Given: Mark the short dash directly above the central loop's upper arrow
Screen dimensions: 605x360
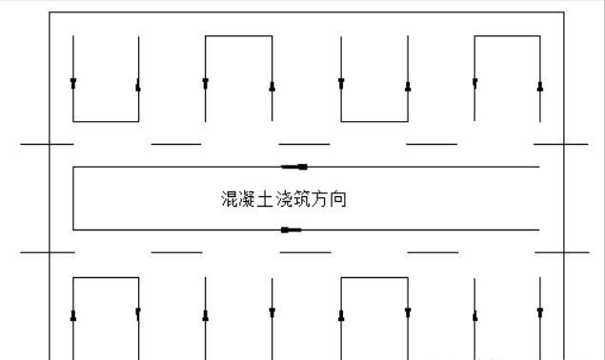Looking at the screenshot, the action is click(x=305, y=144).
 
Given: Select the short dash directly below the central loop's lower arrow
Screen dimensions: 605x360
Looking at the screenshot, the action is click(x=305, y=252).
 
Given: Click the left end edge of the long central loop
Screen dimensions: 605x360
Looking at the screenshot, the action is click(x=73, y=198).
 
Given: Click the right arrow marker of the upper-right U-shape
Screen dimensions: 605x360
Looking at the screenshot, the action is click(x=540, y=86).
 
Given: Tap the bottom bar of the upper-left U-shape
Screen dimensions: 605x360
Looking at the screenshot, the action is click(x=106, y=122).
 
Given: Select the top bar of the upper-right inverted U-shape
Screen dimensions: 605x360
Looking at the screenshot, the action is click(x=507, y=36).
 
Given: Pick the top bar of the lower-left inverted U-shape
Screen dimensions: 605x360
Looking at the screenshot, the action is click(x=106, y=278).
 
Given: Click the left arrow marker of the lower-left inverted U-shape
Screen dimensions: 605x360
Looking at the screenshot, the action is click(x=73, y=316).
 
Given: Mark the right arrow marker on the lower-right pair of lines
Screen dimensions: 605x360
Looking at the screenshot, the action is click(x=540, y=312).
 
